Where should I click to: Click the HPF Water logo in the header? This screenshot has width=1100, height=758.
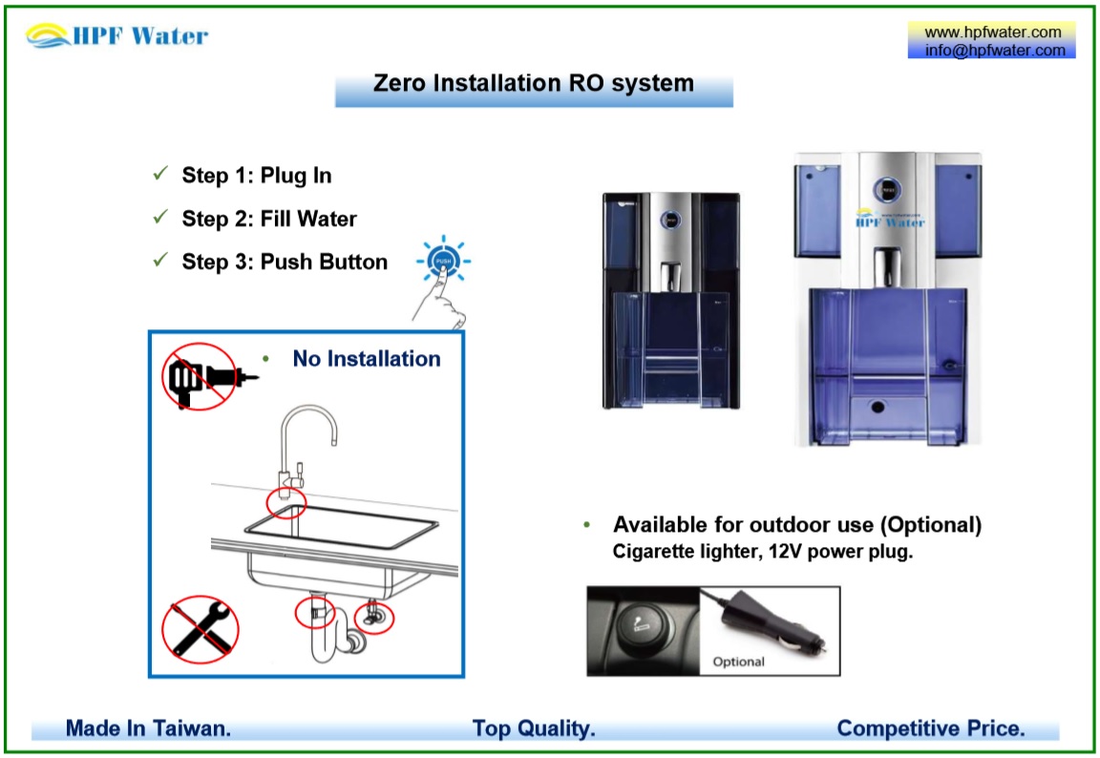point(116,36)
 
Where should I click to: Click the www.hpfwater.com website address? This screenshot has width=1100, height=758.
point(992,32)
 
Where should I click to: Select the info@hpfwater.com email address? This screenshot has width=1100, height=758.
point(992,51)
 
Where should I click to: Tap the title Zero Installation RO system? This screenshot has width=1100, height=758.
point(533,84)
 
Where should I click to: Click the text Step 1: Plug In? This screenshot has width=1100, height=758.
point(256,176)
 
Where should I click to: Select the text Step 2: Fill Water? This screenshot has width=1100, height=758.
point(268,219)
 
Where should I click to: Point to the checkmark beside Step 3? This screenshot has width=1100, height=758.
point(160,261)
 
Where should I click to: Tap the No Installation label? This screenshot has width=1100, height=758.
point(366,359)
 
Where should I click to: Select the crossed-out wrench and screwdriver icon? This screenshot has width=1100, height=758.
point(200,629)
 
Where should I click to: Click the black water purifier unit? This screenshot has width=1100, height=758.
point(670,301)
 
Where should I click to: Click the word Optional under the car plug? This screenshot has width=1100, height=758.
point(738,662)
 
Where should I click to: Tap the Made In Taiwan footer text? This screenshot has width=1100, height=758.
point(148,728)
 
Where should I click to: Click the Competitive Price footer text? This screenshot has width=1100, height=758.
point(930,728)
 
